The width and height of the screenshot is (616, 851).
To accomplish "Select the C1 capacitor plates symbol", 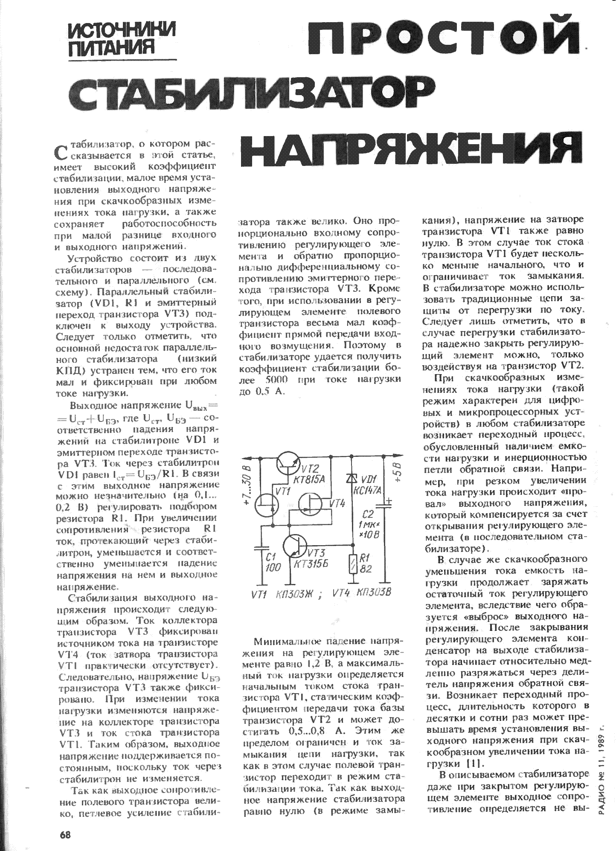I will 261,547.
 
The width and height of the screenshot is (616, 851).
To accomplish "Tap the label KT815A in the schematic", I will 310,479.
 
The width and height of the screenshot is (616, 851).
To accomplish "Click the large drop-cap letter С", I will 62,151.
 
